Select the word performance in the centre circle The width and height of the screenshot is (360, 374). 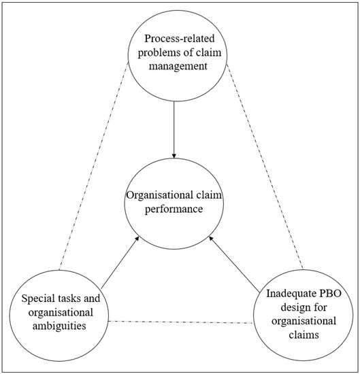pyautogui.click(x=174, y=209)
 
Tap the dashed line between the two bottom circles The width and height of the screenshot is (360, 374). pyautogui.click(x=182, y=320)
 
